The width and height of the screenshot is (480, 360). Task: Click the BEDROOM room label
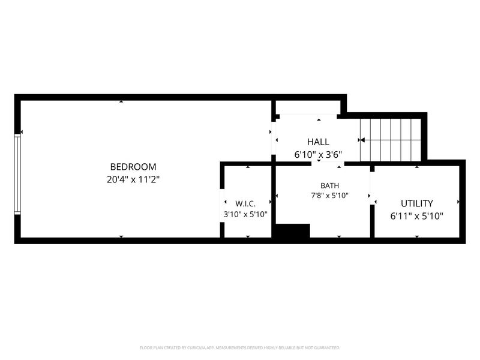click(x=133, y=167)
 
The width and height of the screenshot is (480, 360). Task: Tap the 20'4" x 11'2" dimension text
click(x=133, y=179)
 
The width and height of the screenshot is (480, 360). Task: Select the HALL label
click(x=319, y=142)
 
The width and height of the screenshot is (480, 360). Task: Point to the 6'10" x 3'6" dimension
click(x=319, y=155)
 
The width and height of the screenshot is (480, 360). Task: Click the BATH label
click(x=329, y=185)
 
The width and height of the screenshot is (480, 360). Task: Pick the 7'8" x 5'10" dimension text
click(x=329, y=196)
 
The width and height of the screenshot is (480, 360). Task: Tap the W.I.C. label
click(x=245, y=204)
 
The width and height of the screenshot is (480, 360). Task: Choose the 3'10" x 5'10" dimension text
click(x=245, y=214)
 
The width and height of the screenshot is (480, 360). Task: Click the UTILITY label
click(x=417, y=203)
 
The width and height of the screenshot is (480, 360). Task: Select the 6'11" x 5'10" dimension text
click(x=417, y=217)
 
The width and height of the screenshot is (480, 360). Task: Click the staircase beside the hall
click(x=391, y=140)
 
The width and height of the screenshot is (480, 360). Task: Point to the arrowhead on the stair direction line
click(x=362, y=140)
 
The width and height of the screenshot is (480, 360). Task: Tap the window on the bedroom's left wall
click(x=17, y=174)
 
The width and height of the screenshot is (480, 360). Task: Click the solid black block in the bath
click(x=293, y=230)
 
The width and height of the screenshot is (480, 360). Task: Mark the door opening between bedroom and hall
click(x=274, y=139)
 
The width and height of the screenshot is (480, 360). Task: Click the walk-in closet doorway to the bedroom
click(x=222, y=205)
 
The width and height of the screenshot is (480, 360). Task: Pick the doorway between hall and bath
click(x=328, y=164)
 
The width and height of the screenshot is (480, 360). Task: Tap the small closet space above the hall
click(x=308, y=107)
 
